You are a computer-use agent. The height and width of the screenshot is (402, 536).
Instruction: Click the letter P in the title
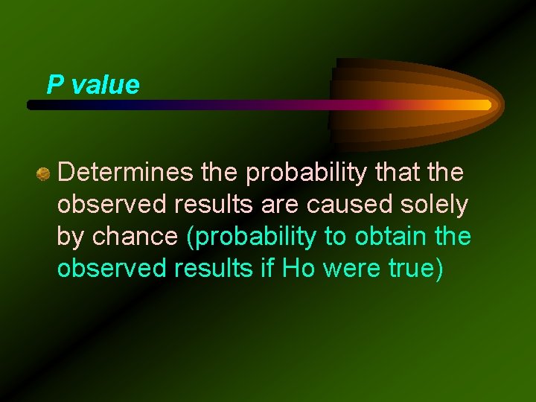pos(54,85)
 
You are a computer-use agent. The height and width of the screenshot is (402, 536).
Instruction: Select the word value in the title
pos(106,85)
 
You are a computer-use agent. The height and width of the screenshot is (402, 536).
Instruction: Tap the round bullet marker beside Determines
pos(43,175)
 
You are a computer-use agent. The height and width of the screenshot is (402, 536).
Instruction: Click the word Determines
pos(126,173)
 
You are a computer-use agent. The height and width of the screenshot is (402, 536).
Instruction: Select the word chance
pos(135,237)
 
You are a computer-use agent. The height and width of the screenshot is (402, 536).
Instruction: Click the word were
pos(348,269)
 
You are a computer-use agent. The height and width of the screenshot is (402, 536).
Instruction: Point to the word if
pos(267,269)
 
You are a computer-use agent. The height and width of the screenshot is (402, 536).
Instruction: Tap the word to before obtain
pos(334,237)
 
